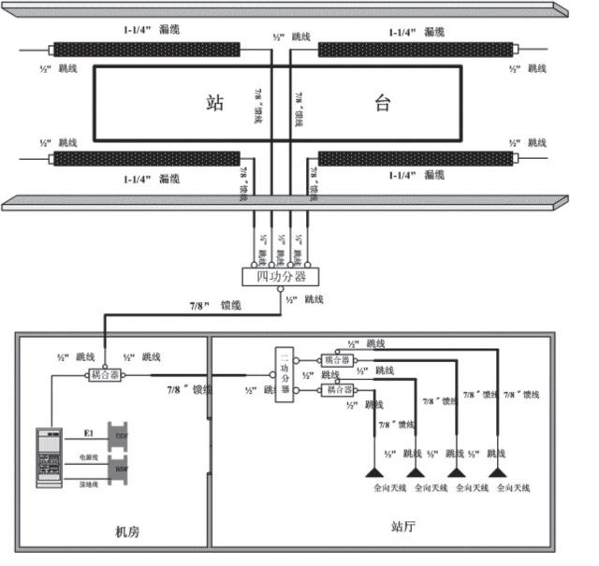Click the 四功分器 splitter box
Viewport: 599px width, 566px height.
pos(281,277)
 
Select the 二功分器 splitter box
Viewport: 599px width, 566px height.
pos(286,376)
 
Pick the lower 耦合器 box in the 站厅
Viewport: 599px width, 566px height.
pos(338,389)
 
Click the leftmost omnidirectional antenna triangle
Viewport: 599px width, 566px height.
pos(378,472)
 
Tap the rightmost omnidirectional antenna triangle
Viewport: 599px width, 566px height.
pos(497,472)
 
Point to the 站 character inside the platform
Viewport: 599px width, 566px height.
pos(215,103)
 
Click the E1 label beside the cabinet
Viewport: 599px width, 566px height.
pos(89,434)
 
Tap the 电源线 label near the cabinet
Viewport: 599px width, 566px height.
pos(88,458)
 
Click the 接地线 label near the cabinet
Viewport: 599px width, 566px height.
pos(88,483)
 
